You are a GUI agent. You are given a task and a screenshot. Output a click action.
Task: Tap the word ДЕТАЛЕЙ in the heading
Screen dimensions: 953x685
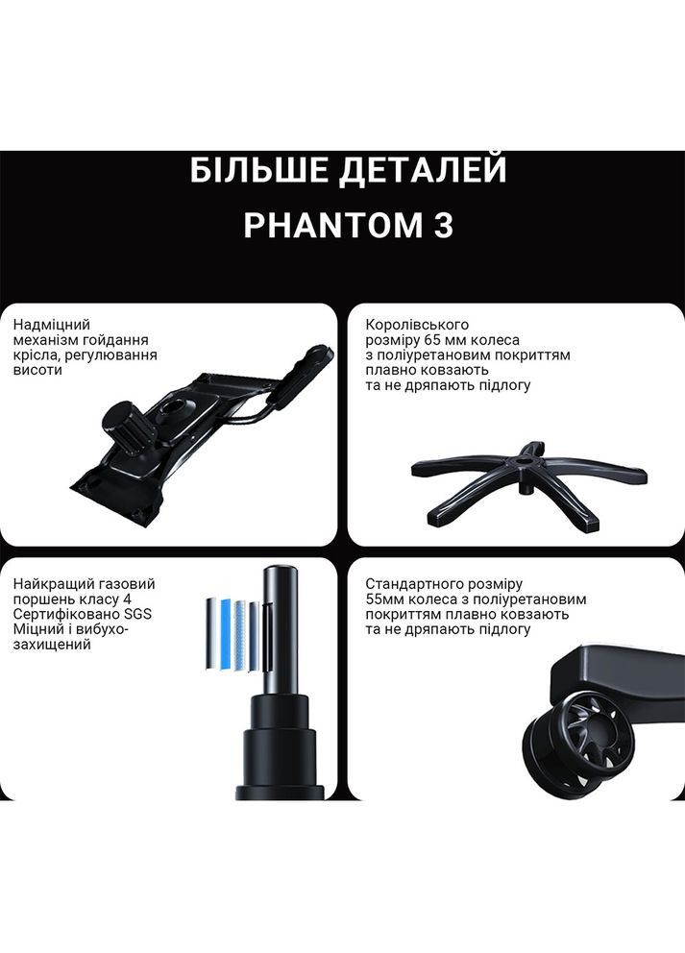click(420, 172)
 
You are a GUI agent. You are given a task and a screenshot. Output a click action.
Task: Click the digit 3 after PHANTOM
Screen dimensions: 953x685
click(441, 226)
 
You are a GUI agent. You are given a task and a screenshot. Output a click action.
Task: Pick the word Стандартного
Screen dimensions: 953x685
click(415, 584)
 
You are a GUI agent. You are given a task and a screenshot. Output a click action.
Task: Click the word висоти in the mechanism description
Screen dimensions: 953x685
click(35, 370)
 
